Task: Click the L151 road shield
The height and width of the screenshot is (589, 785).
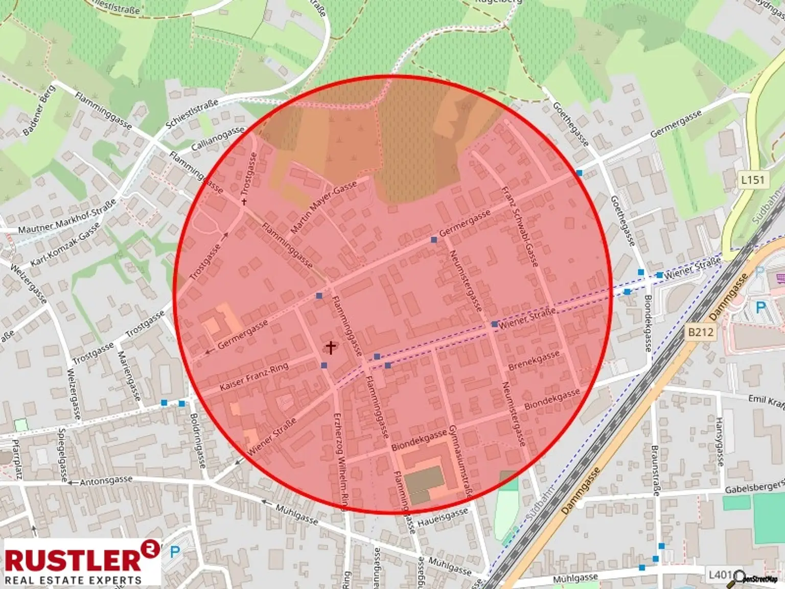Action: coord(752,180)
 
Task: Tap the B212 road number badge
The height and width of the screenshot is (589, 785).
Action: coord(700,332)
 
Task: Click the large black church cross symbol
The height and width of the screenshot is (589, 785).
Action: coord(331,348)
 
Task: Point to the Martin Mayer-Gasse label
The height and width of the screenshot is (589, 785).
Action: coord(324,208)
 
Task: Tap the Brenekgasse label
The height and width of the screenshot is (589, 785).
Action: coord(534,360)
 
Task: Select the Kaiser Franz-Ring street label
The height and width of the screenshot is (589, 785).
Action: coord(254,377)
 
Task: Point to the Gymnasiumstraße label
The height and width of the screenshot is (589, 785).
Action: coord(460,461)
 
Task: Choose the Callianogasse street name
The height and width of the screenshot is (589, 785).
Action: coord(218,139)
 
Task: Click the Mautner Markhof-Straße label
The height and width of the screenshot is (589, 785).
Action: coord(67,217)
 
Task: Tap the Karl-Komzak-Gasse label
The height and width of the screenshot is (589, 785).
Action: coord(65,245)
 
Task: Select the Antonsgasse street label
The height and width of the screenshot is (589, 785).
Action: coord(106,481)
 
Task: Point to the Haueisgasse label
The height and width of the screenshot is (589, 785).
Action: coord(443,518)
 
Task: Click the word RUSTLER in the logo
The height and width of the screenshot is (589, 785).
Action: coord(73,560)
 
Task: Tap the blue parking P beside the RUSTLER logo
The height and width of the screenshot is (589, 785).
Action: coord(175,552)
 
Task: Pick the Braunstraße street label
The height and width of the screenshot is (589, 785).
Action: coord(655,470)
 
